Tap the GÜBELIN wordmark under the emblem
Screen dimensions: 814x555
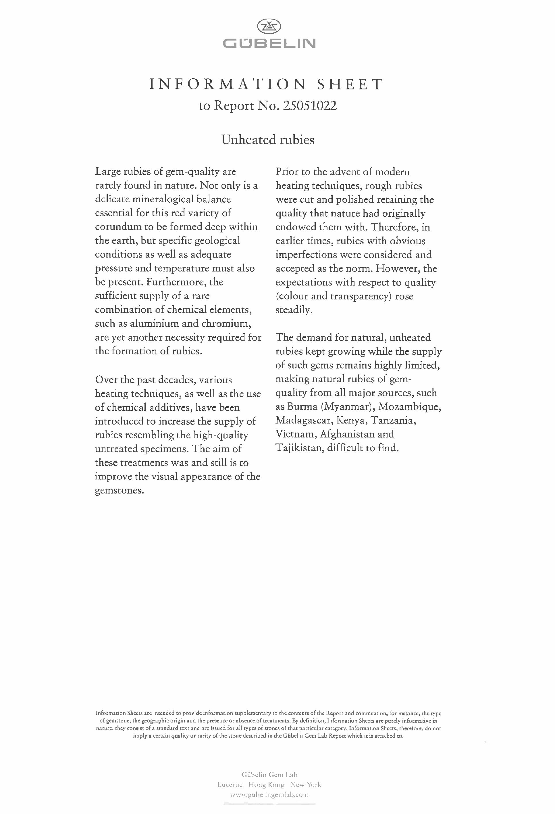[269, 43]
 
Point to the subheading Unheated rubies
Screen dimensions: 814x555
[268, 140]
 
